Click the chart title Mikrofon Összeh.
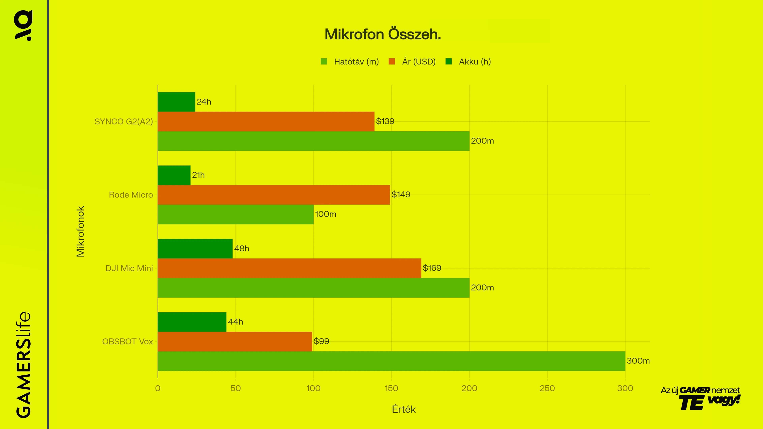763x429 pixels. point(383,34)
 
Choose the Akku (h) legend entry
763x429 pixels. point(468,62)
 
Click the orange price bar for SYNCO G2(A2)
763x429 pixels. point(266,121)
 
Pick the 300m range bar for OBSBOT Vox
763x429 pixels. point(391,361)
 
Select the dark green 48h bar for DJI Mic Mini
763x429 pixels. point(195,248)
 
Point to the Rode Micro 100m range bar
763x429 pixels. point(235,214)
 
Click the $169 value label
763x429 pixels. point(432,268)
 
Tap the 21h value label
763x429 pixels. point(198,175)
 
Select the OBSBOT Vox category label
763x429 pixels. point(127,342)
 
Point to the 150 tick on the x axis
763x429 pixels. point(391,388)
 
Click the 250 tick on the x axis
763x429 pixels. point(547,388)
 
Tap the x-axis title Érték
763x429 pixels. point(403,410)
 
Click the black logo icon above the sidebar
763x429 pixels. point(23,25)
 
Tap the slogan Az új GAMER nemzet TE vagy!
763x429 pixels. point(700,398)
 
